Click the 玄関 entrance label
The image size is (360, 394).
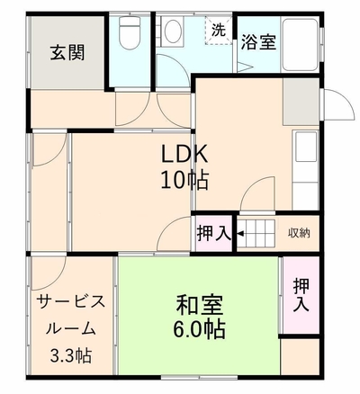coord(67,53)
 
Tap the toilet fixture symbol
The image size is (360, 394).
coord(130,32)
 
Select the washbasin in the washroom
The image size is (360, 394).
coord(172,31)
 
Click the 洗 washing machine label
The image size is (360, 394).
coord(219,30)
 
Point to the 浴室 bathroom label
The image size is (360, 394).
coord(258,42)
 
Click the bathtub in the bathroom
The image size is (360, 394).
coord(301,45)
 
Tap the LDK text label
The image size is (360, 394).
coord(184,154)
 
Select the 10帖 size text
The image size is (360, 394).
coord(184,180)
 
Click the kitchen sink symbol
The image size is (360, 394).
coord(306,147)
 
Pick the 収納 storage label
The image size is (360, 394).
coord(299,233)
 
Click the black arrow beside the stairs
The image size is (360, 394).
coord(240,233)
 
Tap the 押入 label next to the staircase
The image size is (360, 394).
coord(214,233)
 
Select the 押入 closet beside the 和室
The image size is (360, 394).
coord(301,295)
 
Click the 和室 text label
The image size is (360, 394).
coord(199,305)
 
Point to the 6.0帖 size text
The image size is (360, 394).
coord(199,329)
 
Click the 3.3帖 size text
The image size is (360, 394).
coord(71,355)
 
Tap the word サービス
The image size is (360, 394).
coord(71,301)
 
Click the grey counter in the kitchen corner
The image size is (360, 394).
coord(301,102)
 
